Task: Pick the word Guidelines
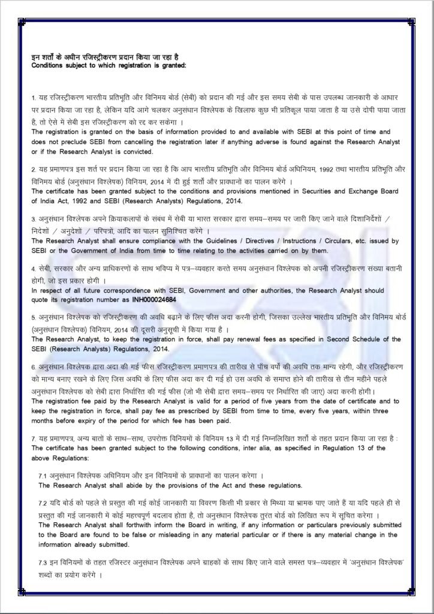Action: [219, 240]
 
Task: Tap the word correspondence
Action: [113, 290]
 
